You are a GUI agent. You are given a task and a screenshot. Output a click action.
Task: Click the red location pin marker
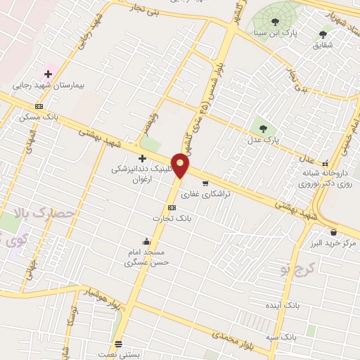pyautogui.click(x=181, y=166)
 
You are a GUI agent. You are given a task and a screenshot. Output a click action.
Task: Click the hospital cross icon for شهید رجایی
pyautogui.click(x=48, y=73)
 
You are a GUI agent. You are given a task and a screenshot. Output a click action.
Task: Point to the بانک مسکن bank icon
pyautogui.click(x=38, y=106)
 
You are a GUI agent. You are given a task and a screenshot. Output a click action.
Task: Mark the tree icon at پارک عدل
pyautogui.click(x=264, y=129)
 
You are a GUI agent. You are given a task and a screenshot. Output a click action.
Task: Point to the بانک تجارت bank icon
pyautogui.click(x=172, y=208)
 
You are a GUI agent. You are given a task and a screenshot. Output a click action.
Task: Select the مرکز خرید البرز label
pyautogui.click(x=332, y=243)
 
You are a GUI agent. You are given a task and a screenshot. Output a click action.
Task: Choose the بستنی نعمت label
pyautogui.click(x=120, y=355)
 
